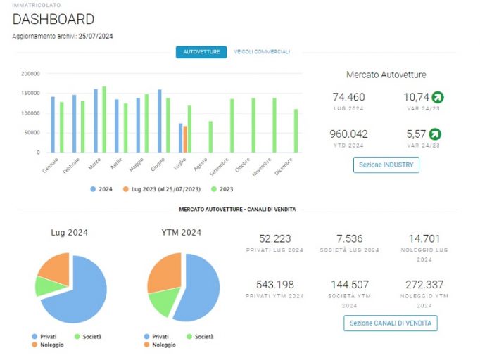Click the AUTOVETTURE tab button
pos(201,52)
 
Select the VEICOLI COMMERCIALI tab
pos(262,52)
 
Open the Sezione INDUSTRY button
pos(386,165)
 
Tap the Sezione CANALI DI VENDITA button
pos(391,323)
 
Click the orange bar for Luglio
pos(185,139)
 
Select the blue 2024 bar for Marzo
pos(96,121)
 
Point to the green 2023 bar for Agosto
pos(210,136)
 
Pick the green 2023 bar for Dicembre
pos(296,131)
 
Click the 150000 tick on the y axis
pos(30,93)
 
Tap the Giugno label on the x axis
pos(158,165)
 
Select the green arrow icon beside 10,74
pos(438,97)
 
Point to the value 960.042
pos(348,134)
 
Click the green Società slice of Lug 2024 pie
pos(51,286)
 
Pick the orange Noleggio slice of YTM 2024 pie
pos(165,273)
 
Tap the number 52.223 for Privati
pos(275,238)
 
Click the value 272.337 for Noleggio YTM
pos(424,285)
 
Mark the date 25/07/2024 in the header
pos(96,37)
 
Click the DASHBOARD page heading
pos(53,19)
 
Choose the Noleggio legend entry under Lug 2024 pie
pos(48,345)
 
